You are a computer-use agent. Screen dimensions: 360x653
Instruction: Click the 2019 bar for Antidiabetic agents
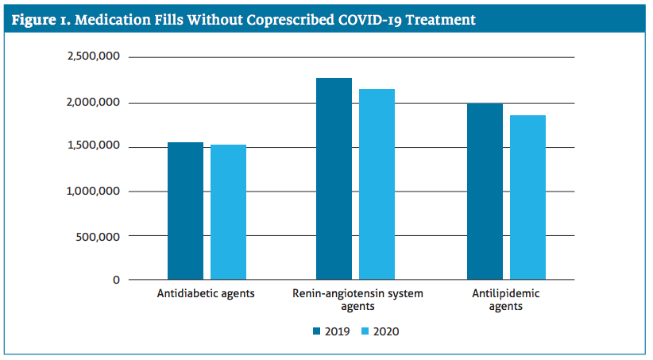[185, 211]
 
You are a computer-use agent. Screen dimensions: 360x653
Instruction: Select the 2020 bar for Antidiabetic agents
[228, 212]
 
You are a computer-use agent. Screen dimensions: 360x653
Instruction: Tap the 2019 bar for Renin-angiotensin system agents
[334, 179]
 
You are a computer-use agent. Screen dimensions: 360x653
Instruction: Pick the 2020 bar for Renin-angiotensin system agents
[377, 184]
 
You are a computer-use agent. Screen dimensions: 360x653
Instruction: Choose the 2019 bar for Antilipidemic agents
[485, 192]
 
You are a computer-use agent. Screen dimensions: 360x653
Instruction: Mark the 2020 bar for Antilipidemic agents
[527, 198]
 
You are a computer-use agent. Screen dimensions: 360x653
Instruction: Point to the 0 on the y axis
[116, 281]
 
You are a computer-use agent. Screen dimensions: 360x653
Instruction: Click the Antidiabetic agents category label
[206, 294]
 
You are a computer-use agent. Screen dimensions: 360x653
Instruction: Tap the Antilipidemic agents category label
[506, 300]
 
